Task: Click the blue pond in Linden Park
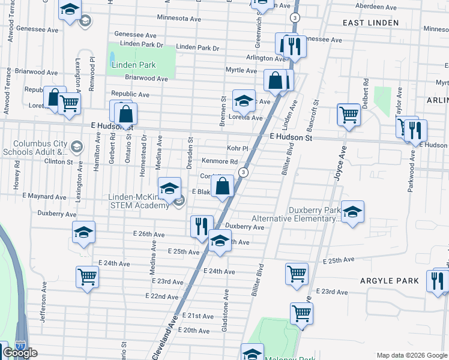[112, 59]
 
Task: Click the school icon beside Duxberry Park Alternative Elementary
[353, 211]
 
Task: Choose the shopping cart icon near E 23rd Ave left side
[87, 277]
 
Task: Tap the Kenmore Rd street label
[220, 161]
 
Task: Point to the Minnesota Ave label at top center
[179, 19]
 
